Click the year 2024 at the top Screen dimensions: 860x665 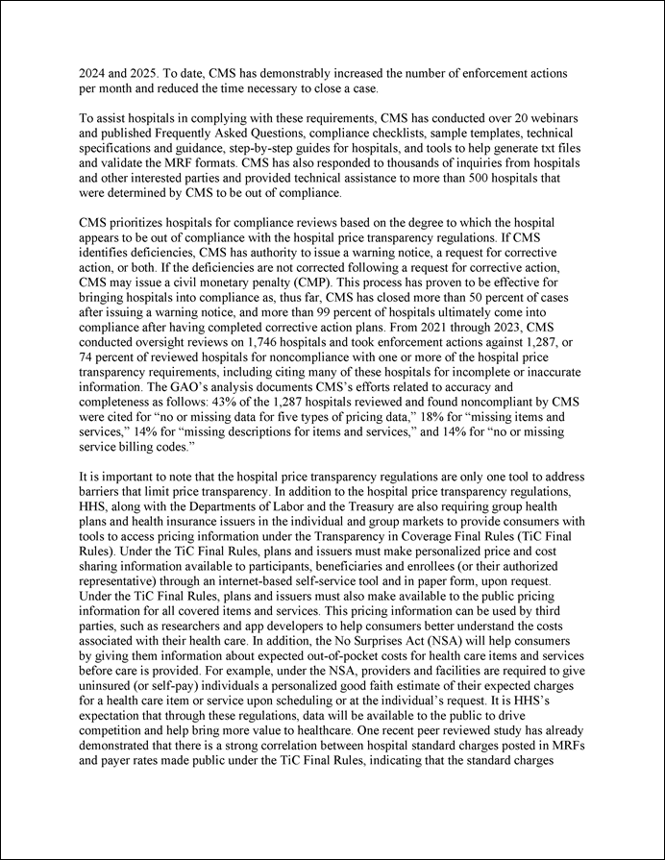point(94,73)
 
